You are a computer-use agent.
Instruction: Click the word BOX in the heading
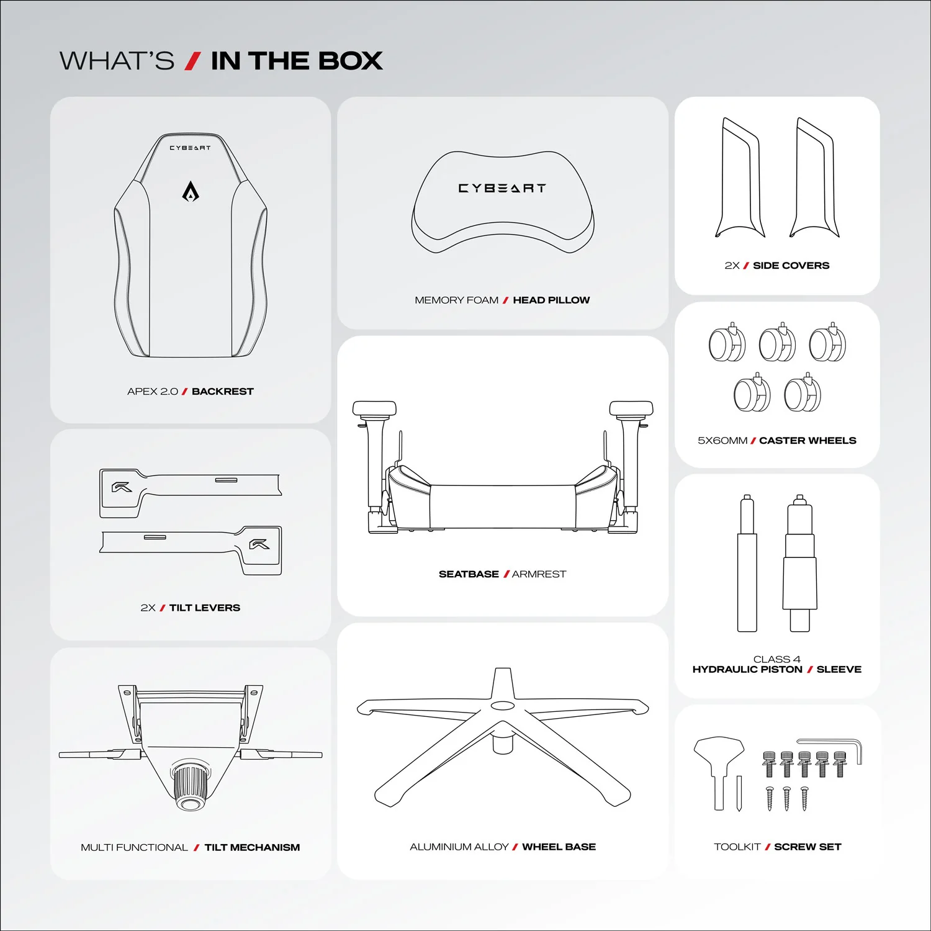[350, 61]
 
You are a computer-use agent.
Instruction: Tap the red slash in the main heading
[193, 61]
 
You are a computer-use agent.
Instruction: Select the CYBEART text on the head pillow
[502, 188]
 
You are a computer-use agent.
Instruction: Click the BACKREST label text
[222, 392]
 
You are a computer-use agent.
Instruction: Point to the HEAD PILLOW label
[551, 300]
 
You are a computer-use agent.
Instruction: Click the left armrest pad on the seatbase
[374, 408]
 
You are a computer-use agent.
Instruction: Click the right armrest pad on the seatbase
[631, 408]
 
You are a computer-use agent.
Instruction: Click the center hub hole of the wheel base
[501, 706]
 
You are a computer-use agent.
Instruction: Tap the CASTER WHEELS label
[807, 441]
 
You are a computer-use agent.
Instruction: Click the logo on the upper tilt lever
[122, 487]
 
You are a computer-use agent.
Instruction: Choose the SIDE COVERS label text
[791, 266]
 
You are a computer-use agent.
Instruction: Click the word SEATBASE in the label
[469, 574]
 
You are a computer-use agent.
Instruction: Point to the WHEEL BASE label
[559, 847]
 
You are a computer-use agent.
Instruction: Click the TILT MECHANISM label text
[252, 847]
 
